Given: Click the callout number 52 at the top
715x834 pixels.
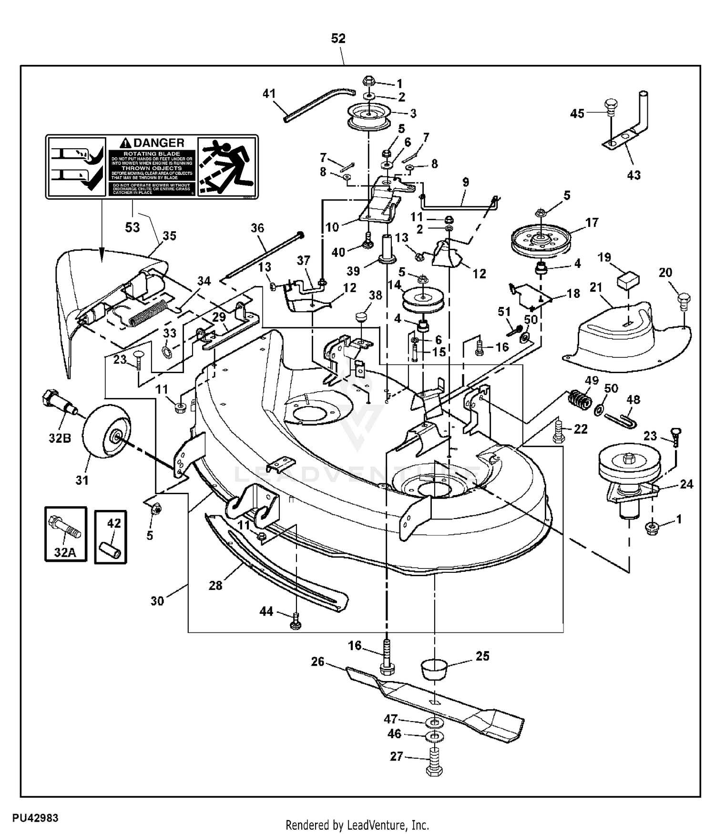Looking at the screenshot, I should click(x=338, y=39).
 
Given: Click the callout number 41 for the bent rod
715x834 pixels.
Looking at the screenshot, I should click(x=269, y=93).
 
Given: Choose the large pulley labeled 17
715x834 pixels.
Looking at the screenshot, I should click(x=541, y=240).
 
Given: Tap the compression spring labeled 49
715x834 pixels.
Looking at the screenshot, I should click(x=578, y=397).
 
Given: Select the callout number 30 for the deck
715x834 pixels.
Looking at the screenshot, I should click(x=157, y=601).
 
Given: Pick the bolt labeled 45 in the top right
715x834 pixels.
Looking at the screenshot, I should click(x=611, y=107).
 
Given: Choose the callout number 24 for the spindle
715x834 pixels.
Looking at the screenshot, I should click(x=687, y=484).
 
